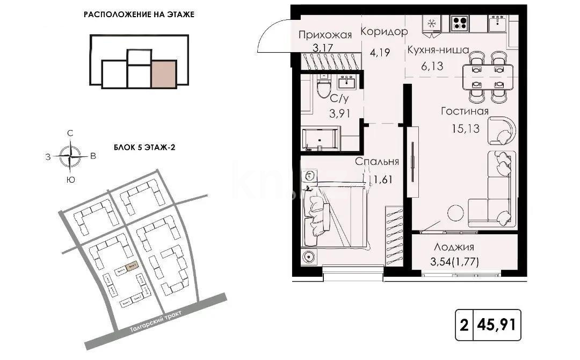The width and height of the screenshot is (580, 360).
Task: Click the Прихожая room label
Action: (325, 35)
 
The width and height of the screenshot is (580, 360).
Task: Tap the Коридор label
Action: (384, 32)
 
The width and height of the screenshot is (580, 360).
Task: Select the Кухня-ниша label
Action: (438, 50)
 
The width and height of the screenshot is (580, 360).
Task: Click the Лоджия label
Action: (454, 247)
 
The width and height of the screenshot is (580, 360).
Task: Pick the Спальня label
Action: (377, 161)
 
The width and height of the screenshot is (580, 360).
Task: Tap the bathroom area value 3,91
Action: (340, 113)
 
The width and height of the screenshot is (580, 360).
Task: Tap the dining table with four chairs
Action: (488, 76)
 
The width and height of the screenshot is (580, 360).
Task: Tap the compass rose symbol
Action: (70, 156)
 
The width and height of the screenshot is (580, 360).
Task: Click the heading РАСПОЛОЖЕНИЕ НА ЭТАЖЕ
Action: (139, 15)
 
